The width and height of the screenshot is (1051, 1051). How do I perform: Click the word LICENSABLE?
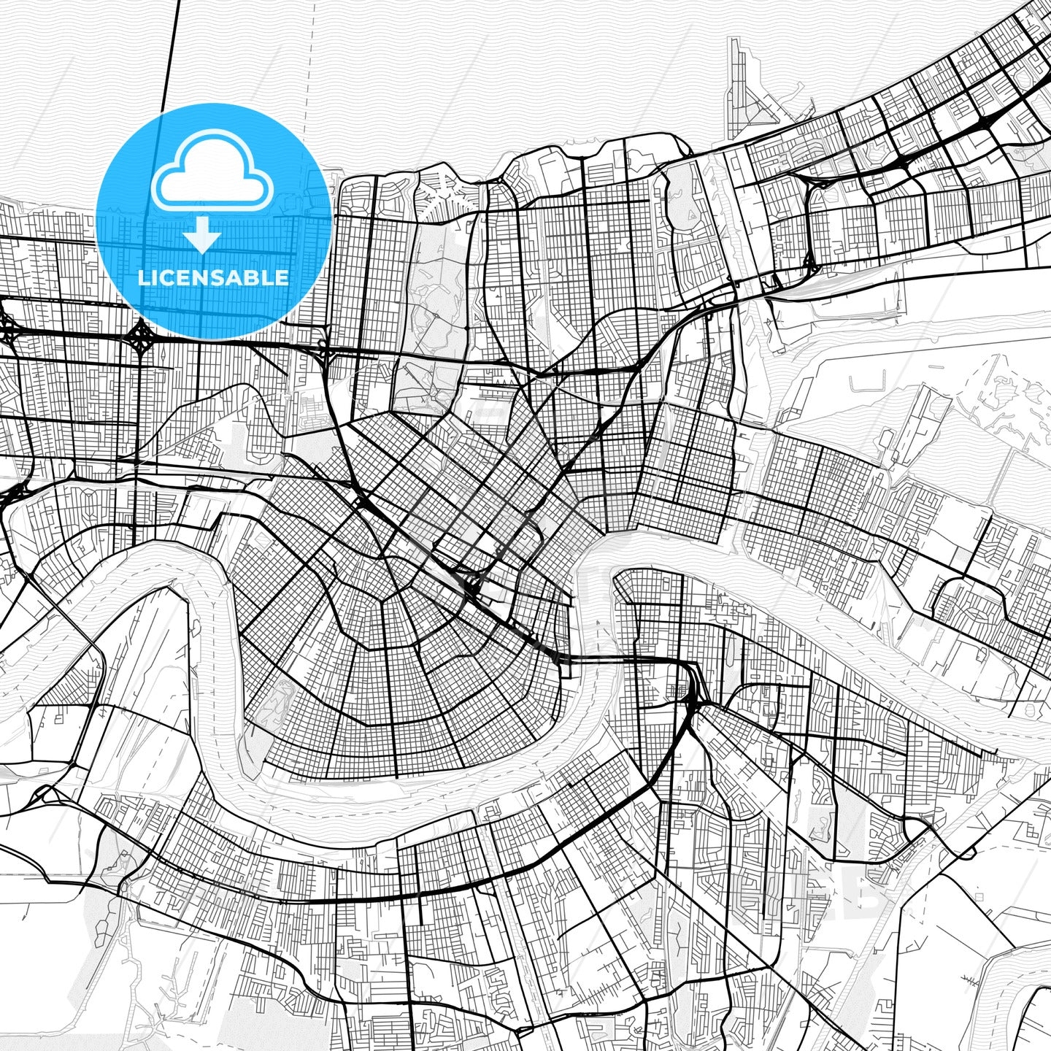tap(213, 278)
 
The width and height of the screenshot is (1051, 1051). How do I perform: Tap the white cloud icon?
tap(212, 174)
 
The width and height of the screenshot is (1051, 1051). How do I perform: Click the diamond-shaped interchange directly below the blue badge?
tap(139, 336)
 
